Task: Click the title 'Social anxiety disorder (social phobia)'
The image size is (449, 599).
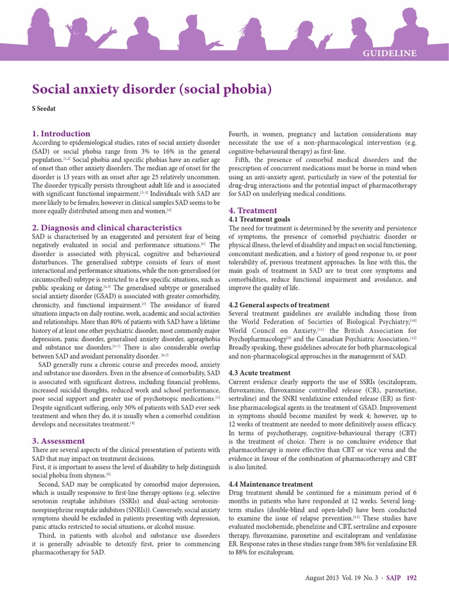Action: pyautogui.click(x=152, y=89)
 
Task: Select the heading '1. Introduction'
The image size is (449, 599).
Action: pyautogui.click(x=61, y=133)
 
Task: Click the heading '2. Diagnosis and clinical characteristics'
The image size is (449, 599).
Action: pyautogui.click(x=106, y=227)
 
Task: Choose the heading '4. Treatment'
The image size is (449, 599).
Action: pyautogui.click(x=253, y=211)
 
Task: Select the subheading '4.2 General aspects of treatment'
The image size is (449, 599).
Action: pyautogui.click(x=279, y=305)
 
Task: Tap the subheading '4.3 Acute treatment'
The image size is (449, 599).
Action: pyautogui.click(x=259, y=373)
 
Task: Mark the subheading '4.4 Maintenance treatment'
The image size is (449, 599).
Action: pyautogui.click(x=271, y=484)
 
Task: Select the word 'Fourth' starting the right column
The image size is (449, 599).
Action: pyautogui.click(x=240, y=134)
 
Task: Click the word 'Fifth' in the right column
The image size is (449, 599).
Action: pyautogui.click(x=243, y=160)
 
